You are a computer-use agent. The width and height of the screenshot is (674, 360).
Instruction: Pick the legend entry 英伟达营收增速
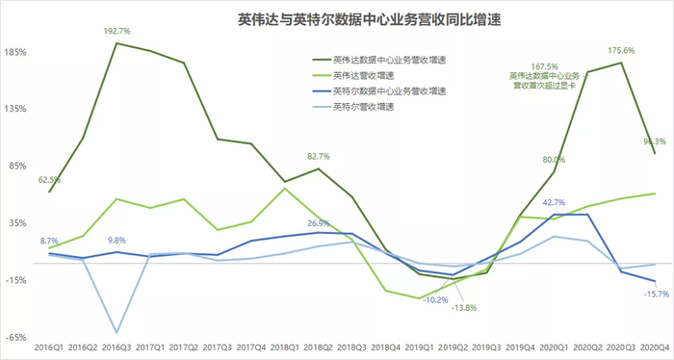tap(364, 75)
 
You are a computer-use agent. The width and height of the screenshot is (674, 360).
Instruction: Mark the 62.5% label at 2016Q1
tap(50, 180)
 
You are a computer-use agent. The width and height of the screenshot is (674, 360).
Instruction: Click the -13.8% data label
tap(465, 308)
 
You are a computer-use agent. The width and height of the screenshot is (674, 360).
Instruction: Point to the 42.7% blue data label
tap(554, 202)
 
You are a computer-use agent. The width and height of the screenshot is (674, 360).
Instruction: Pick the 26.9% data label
tap(319, 223)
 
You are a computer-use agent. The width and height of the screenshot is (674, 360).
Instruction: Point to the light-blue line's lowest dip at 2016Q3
tap(117, 332)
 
